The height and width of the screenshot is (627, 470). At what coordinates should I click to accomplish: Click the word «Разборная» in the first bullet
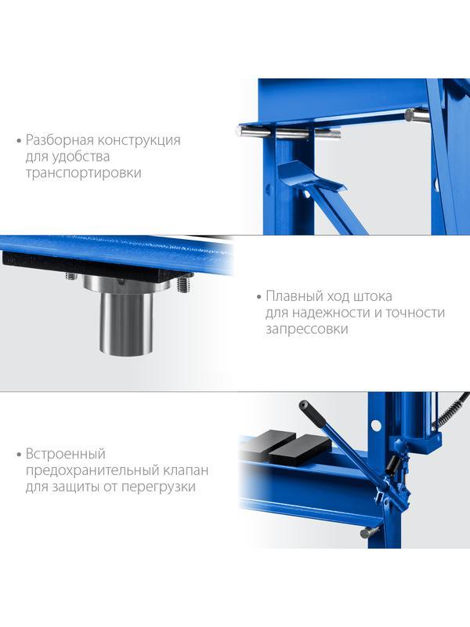pos(60,140)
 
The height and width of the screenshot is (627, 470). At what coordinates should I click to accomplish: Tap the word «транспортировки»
pos(84,172)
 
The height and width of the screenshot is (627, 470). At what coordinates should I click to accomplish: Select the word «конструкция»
pos(139,140)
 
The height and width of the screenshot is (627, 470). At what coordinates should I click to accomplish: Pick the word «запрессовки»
pos(307,329)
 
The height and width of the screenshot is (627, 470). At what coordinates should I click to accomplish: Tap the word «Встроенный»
pos(66,454)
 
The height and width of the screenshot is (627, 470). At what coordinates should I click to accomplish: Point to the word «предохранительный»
pos(92,471)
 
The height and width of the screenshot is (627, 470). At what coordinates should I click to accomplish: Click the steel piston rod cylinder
pos(126,323)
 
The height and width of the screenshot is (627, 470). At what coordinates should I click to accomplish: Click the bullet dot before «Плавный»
pos(258,297)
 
